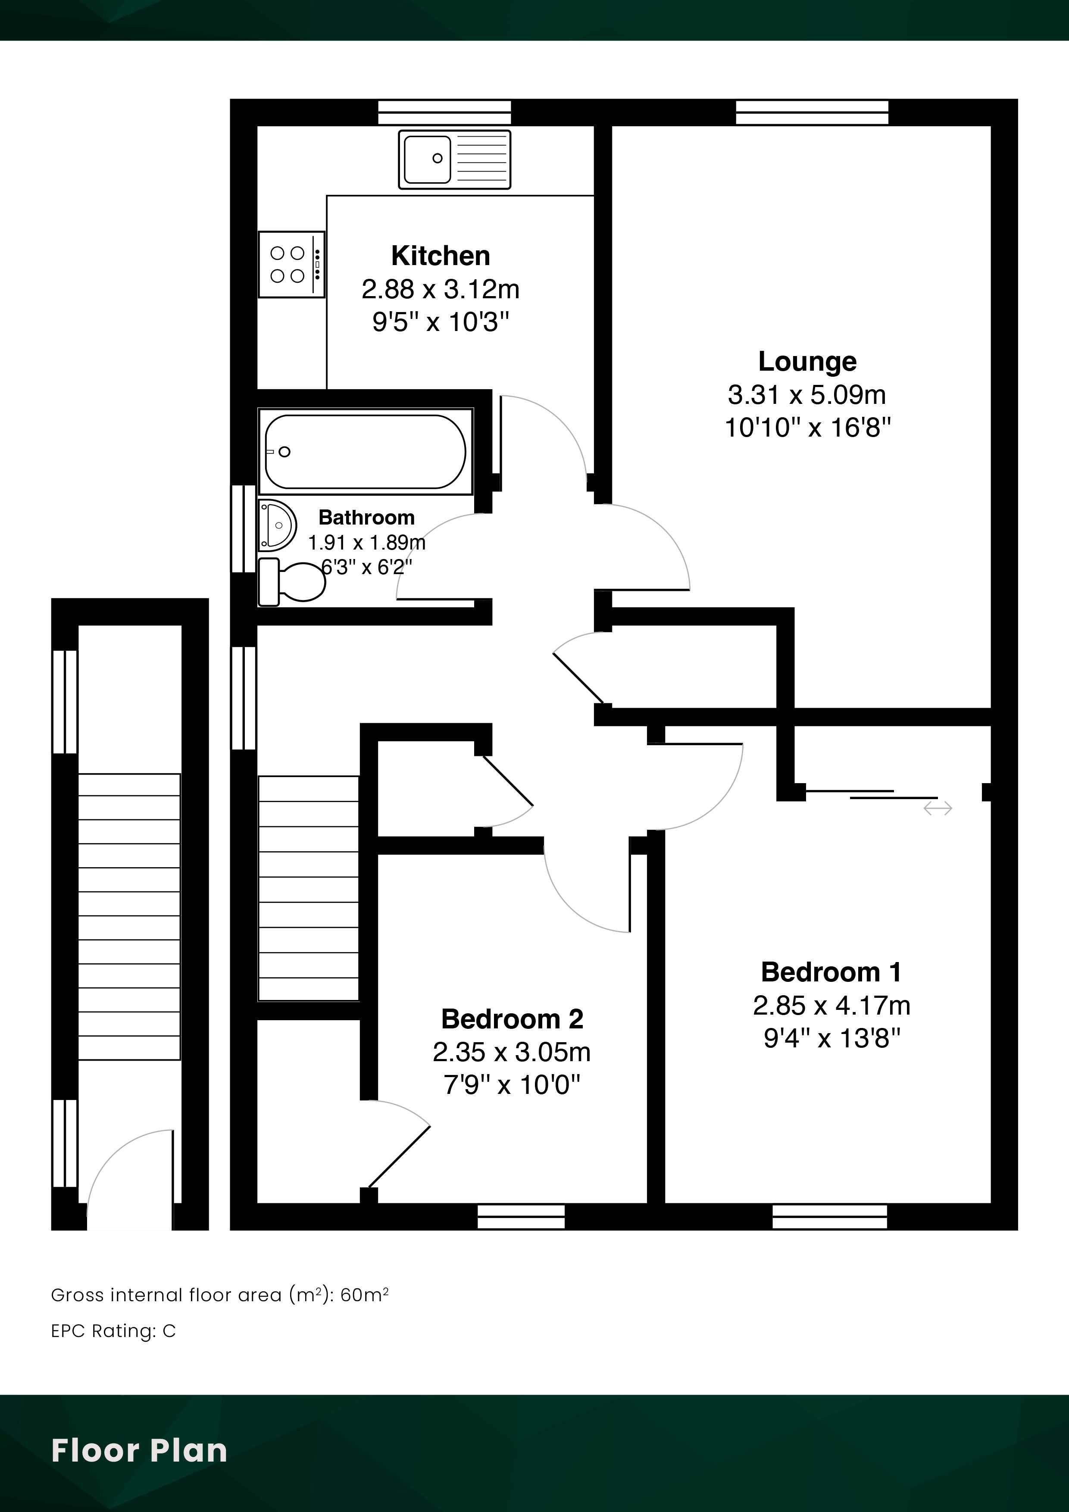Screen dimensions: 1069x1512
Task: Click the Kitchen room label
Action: pyautogui.click(x=441, y=256)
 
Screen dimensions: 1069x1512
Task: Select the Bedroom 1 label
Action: pyautogui.click(x=831, y=972)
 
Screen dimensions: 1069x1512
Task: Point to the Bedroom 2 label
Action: pyautogui.click(x=513, y=1019)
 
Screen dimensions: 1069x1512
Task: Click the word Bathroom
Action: pyautogui.click(x=367, y=518)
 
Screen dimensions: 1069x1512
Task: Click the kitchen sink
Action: pyautogui.click(x=454, y=159)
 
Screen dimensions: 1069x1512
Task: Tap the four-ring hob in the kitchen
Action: pyautogui.click(x=291, y=264)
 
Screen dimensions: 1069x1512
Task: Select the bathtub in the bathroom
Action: pyautogui.click(x=366, y=452)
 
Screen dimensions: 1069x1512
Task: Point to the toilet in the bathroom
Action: pyautogui.click(x=291, y=581)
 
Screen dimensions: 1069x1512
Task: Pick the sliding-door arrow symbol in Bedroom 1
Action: pyautogui.click(x=938, y=808)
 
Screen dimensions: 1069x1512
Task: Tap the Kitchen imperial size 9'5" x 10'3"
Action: pyautogui.click(x=441, y=322)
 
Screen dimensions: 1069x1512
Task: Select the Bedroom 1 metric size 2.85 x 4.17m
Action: pyautogui.click(x=831, y=1006)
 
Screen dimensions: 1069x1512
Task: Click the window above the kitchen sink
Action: pyautogui.click(x=444, y=112)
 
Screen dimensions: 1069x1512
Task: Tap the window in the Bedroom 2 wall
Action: pyautogui.click(x=521, y=1216)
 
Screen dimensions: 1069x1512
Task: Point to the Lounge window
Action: pyautogui.click(x=812, y=112)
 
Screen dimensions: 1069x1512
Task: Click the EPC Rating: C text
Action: pyautogui.click(x=113, y=1331)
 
